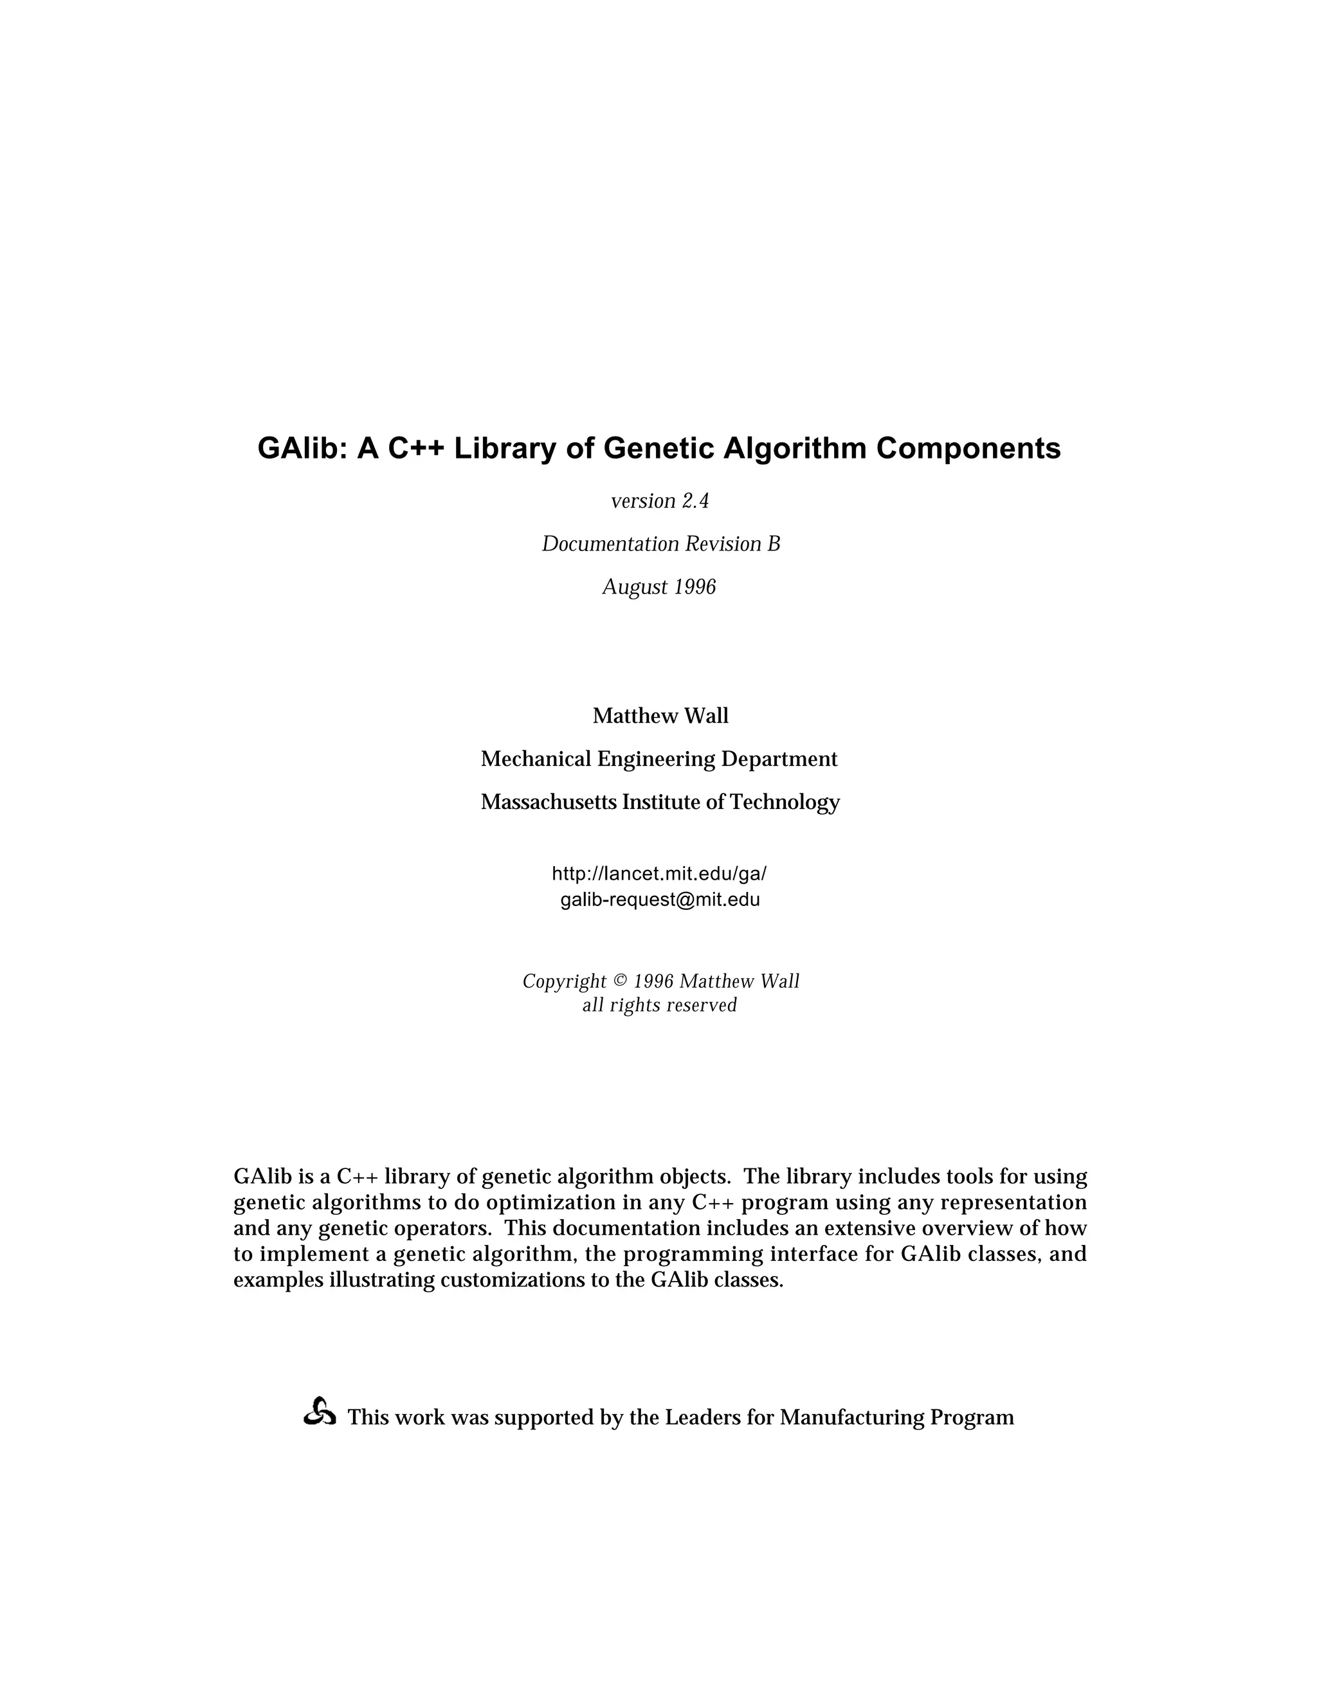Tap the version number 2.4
(695, 501)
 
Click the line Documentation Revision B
(660, 544)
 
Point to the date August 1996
(658, 586)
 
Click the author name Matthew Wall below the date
(660, 716)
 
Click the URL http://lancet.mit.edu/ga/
(658, 873)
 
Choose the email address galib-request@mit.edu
(659, 900)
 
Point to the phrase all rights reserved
(659, 1005)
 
